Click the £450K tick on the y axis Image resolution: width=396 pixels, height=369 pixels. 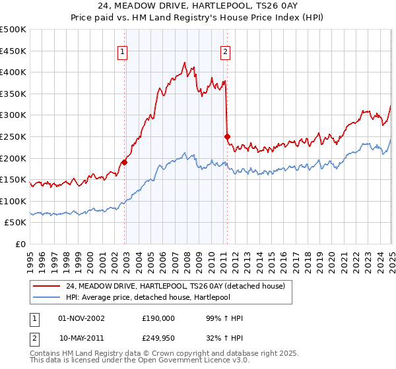13,51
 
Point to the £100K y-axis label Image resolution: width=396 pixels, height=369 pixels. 13,201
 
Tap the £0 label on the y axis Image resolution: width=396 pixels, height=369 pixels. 20,244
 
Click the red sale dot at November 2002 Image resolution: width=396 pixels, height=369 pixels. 125,161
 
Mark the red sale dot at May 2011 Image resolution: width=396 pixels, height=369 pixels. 227,136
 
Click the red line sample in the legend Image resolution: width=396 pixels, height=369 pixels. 47,286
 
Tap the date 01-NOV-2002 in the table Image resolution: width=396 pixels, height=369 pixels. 82,318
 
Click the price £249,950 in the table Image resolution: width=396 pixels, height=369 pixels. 158,338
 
